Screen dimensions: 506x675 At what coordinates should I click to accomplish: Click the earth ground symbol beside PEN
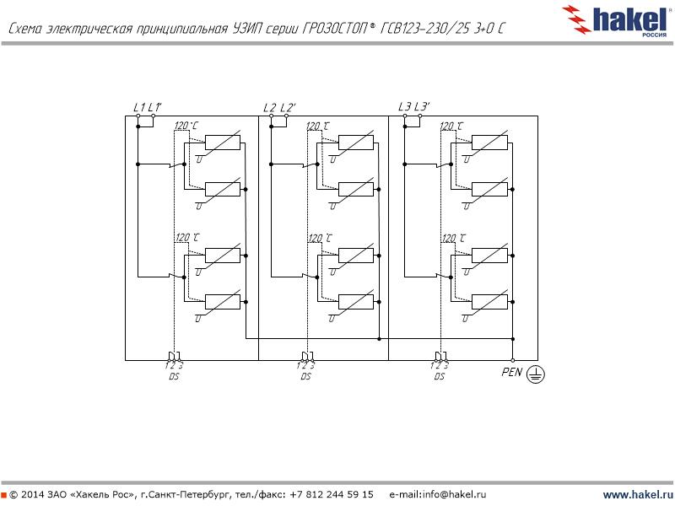(x=535, y=375)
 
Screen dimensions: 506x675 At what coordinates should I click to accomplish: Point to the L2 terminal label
(x=269, y=107)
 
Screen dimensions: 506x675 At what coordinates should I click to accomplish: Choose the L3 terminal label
(x=405, y=106)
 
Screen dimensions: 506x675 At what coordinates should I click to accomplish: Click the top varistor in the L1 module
(x=223, y=143)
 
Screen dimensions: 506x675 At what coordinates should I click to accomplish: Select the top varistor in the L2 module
(x=356, y=143)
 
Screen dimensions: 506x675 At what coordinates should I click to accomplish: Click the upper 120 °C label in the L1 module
(x=186, y=126)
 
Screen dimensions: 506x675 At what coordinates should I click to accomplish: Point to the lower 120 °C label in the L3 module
(x=453, y=239)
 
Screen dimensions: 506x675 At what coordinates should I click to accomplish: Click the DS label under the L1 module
(x=173, y=376)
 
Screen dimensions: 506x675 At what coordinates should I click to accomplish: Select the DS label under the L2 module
(x=305, y=376)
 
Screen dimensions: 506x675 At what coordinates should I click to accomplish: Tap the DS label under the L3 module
(x=439, y=376)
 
